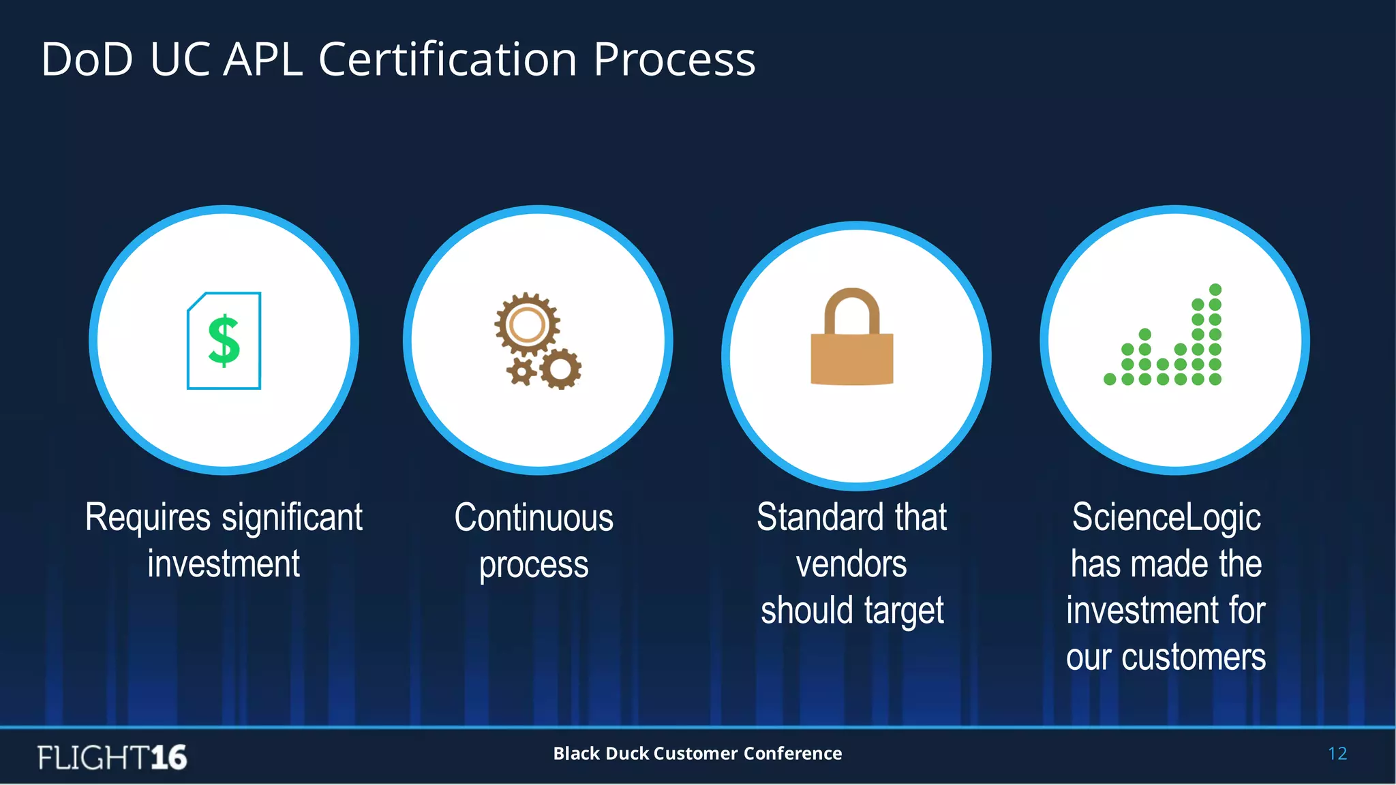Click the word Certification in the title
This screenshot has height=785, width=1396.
pyautogui.click(x=449, y=59)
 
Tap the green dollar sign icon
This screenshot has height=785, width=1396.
pyautogui.click(x=224, y=341)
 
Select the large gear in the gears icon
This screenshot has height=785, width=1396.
pyautogui.click(x=526, y=325)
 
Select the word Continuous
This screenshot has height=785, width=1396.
pyautogui.click(x=534, y=518)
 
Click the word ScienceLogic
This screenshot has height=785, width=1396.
pyautogui.click(x=1166, y=518)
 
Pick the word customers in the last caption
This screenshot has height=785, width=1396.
pyautogui.click(x=1194, y=658)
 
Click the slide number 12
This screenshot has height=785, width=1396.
pyautogui.click(x=1337, y=754)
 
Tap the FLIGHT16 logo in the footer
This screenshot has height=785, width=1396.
pyautogui.click(x=112, y=757)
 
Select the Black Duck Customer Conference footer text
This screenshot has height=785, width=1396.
pyautogui.click(x=697, y=753)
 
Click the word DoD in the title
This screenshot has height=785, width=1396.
pyautogui.click(x=87, y=59)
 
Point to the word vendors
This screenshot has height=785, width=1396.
pyautogui.click(x=851, y=564)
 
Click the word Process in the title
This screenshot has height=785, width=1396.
pyautogui.click(x=674, y=59)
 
